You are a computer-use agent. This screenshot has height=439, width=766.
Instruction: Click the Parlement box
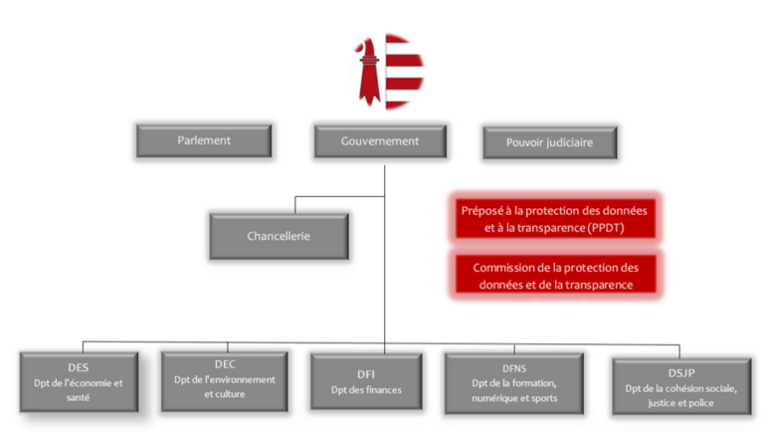204,141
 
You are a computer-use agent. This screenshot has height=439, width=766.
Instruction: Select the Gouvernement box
380,141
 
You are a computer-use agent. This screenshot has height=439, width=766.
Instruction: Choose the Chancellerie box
279,237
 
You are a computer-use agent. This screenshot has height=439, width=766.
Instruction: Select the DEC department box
224,378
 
